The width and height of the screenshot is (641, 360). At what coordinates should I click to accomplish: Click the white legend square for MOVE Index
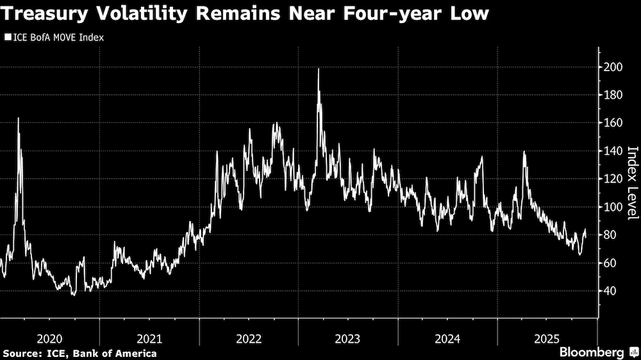[7, 38]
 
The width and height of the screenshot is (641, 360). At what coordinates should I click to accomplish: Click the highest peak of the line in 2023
[319, 69]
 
